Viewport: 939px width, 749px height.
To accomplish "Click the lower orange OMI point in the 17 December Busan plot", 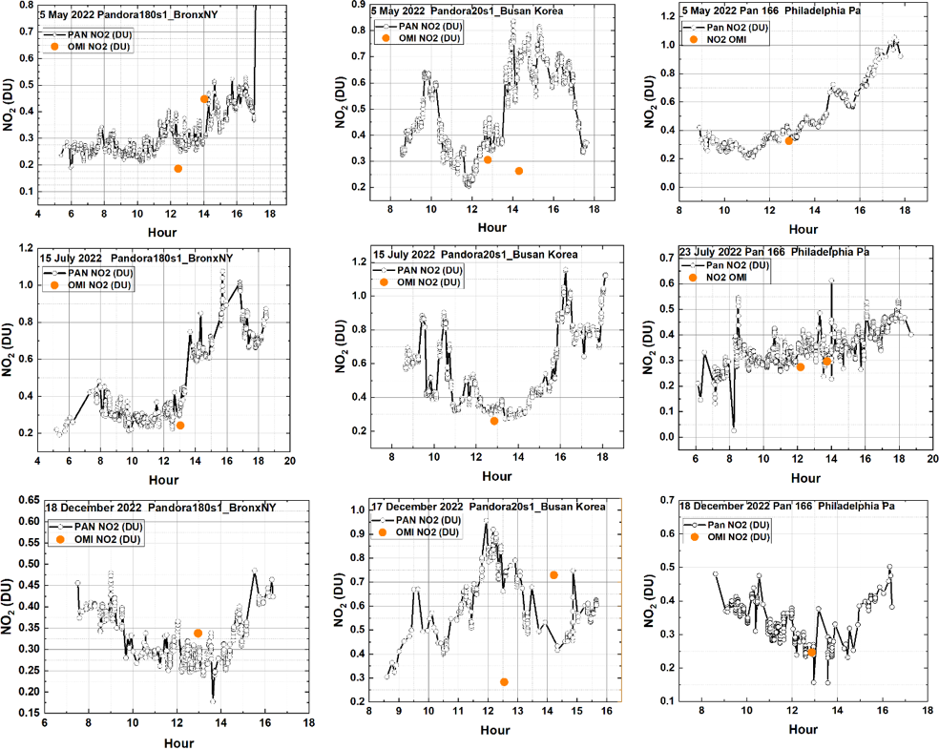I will click(504, 682).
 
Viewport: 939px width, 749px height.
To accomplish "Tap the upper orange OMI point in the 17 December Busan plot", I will click(553, 574).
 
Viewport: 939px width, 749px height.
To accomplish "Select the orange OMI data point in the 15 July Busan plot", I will click(494, 421).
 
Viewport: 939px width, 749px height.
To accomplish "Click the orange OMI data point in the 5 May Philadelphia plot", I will click(789, 140).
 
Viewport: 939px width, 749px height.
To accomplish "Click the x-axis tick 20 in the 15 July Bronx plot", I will click(290, 461).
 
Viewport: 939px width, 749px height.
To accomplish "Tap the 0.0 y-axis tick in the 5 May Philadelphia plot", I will click(661, 187).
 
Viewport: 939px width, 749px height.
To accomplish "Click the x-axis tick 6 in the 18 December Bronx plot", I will click(44, 723).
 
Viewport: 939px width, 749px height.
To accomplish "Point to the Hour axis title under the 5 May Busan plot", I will click(491, 227).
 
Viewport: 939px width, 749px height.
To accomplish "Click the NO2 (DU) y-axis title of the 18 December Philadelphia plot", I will click(647, 604).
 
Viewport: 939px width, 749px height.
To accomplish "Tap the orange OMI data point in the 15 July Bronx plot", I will click(180, 425).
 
